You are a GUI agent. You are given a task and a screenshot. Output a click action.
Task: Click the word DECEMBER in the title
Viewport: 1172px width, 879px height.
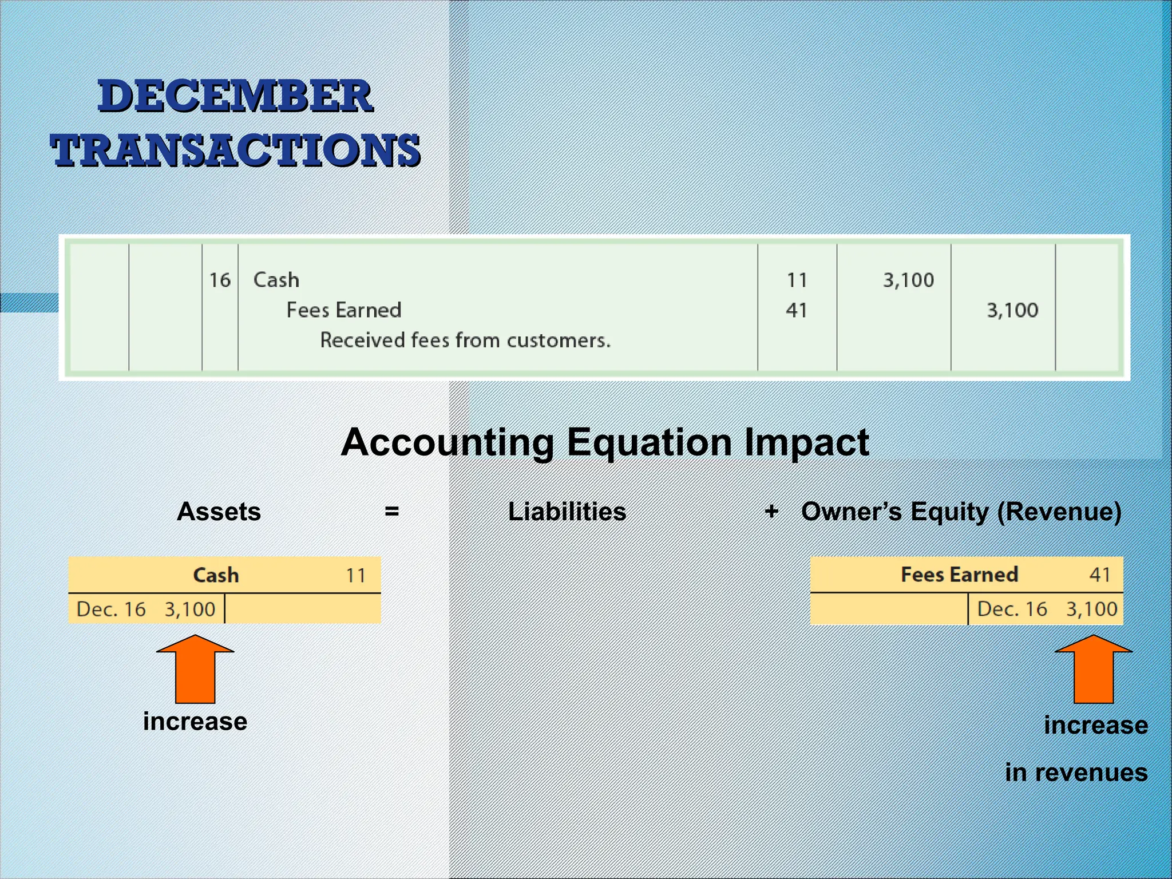[235, 96]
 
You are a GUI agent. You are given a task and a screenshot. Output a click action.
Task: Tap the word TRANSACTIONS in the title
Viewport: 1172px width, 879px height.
[235, 150]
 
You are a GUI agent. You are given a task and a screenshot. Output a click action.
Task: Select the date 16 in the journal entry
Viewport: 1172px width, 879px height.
[220, 280]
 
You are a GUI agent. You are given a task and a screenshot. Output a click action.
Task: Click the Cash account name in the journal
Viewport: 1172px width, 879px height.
[276, 280]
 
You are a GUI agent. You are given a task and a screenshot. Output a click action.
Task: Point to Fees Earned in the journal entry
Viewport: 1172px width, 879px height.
[343, 310]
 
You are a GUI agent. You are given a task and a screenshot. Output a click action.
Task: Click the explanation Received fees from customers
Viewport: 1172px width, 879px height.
[465, 340]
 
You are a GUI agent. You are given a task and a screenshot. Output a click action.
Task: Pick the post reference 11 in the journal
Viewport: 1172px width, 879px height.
[797, 280]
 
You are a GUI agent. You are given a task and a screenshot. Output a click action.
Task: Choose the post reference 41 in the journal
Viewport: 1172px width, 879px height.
[796, 310]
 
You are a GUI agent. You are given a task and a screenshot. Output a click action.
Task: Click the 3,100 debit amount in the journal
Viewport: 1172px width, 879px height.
[908, 280]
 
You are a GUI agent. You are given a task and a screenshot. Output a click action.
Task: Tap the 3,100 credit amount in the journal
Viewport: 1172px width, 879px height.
[1012, 310]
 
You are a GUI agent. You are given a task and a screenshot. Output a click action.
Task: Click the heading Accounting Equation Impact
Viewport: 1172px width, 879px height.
[605, 442]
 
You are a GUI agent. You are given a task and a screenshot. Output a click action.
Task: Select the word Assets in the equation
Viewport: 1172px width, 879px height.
[219, 512]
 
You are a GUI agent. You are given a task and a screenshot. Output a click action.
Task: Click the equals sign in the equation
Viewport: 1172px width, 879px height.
[391, 510]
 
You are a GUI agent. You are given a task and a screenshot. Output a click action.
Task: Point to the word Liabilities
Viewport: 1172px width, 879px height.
[567, 512]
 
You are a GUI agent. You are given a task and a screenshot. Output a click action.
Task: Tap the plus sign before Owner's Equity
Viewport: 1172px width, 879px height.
[771, 510]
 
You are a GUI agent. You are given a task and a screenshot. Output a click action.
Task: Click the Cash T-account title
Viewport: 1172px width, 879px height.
[216, 575]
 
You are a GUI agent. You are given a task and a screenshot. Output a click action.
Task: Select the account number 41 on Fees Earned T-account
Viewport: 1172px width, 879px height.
[1099, 574]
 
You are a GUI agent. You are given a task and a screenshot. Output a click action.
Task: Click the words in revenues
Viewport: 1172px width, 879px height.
[1076, 773]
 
